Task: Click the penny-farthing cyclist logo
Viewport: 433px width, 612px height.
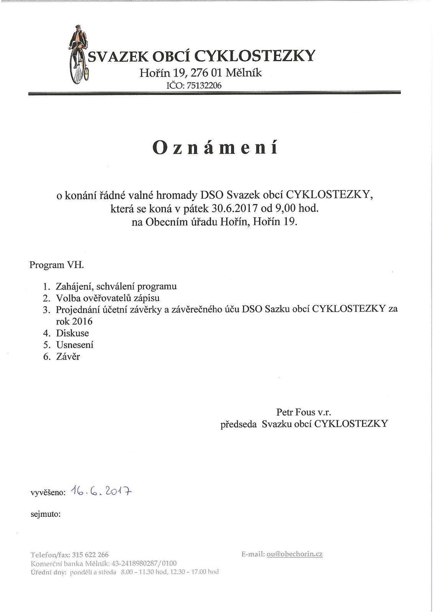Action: pyautogui.click(x=79, y=54)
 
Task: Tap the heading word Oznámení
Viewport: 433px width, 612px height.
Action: pyautogui.click(x=215, y=147)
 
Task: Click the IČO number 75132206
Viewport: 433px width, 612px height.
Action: pyautogui.click(x=204, y=85)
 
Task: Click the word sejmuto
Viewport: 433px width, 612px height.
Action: pyautogui.click(x=45, y=514)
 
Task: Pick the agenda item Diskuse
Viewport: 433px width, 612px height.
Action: pyautogui.click(x=72, y=333)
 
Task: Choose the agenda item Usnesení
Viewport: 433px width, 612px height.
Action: pyautogui.click(x=75, y=345)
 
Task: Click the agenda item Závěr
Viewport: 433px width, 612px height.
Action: pyautogui.click(x=68, y=357)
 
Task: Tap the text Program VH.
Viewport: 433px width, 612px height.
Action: pyautogui.click(x=56, y=265)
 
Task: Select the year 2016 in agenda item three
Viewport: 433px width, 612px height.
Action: pyautogui.click(x=82, y=321)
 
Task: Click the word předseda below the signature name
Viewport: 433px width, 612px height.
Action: pyautogui.click(x=238, y=424)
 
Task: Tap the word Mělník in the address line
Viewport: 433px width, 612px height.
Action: pyautogui.click(x=243, y=73)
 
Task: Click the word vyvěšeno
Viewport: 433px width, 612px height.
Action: pyautogui.click(x=48, y=493)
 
